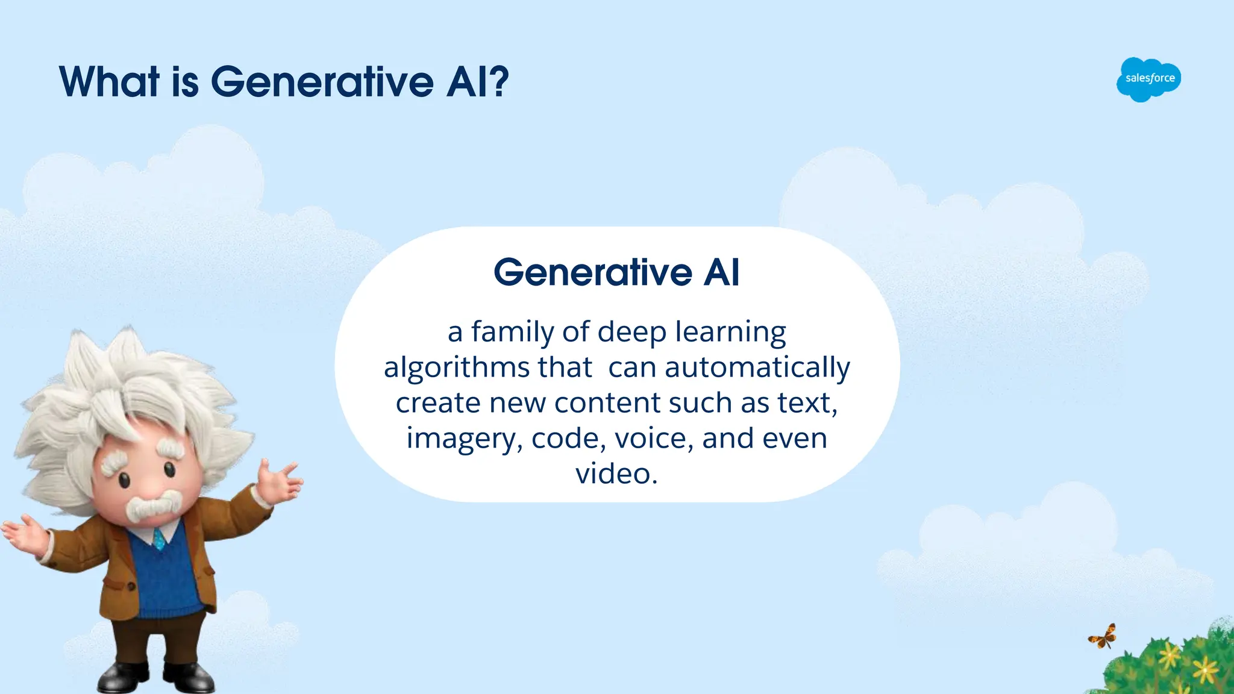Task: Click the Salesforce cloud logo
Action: click(1149, 79)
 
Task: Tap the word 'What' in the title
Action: click(109, 81)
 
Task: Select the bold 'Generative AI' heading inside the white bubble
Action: click(616, 272)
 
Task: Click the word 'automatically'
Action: click(757, 367)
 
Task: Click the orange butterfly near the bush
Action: click(1103, 637)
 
